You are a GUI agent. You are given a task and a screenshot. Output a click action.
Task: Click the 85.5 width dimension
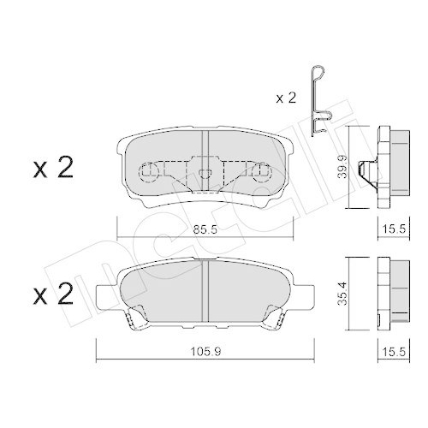coord(205,229)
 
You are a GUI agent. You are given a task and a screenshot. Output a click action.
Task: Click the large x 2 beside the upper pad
coord(52,168)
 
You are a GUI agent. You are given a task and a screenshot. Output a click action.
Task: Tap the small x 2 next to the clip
coord(287,99)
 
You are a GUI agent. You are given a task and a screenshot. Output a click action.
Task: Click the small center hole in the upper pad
coord(205,175)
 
